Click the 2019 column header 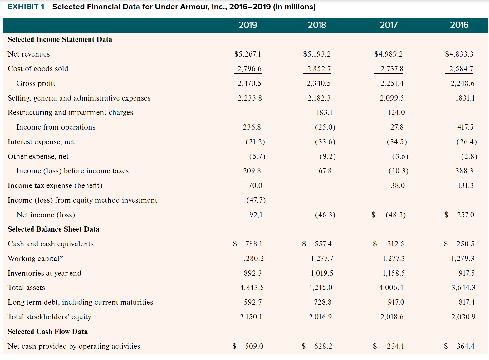tap(247, 25)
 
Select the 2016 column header tap(459, 25)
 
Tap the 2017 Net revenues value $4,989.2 tap(388, 54)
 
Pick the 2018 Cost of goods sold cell tap(319, 69)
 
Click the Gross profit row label tap(36, 83)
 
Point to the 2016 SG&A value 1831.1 tap(465, 98)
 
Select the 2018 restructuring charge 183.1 tap(324, 112)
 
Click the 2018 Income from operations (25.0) tap(325, 127)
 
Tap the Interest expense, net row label tap(41, 142)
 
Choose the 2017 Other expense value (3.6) tap(400, 156)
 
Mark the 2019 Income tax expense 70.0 tap(255, 185)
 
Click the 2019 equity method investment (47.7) tap(256, 200)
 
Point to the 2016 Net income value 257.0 tap(465, 215)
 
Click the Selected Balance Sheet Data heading tap(53, 229)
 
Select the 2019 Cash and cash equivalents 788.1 tap(253, 244)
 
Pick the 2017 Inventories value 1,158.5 tap(394, 273)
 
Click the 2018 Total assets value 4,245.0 tap(320, 288)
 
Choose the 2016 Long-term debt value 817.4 tap(463, 302)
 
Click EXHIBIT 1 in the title tap(26, 7)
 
